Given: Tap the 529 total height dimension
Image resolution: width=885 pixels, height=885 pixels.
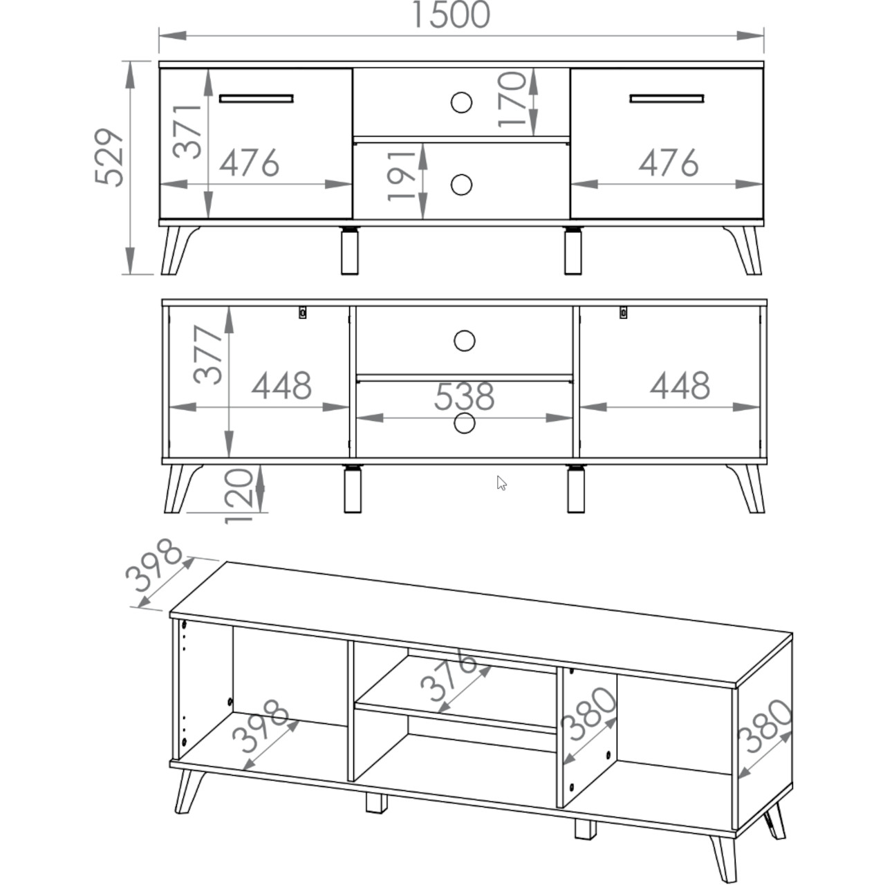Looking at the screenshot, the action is [x=109, y=157].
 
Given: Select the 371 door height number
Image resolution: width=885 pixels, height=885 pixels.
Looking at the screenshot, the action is [x=187, y=131].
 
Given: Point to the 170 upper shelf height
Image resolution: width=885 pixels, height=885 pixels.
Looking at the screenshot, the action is [x=512, y=99].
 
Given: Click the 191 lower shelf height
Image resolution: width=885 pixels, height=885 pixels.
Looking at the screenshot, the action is [x=401, y=176].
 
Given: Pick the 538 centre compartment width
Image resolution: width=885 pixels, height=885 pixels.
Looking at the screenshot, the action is [x=465, y=396].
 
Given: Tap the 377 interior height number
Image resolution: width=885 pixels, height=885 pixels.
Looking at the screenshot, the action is [x=207, y=355].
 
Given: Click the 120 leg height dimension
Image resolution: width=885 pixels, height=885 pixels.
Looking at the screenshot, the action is [x=239, y=496].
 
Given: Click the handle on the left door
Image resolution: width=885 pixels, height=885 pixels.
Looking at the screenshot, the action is [x=257, y=99].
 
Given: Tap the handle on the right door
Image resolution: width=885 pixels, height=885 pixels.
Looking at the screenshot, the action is [x=667, y=99].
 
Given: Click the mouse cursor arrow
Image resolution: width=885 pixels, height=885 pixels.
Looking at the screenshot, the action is [x=501, y=483].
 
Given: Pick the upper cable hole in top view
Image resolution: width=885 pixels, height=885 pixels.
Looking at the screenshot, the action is [x=462, y=102].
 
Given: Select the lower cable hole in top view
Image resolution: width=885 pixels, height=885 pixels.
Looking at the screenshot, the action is [x=462, y=185].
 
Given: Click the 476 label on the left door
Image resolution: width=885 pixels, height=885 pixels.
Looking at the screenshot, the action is [x=250, y=162].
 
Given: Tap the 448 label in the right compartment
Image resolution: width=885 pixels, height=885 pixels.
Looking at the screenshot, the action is [x=680, y=385].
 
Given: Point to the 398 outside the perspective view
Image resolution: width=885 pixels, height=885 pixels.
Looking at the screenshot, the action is [x=154, y=566].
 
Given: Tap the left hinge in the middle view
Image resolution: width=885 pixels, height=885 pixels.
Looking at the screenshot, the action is [x=302, y=313].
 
